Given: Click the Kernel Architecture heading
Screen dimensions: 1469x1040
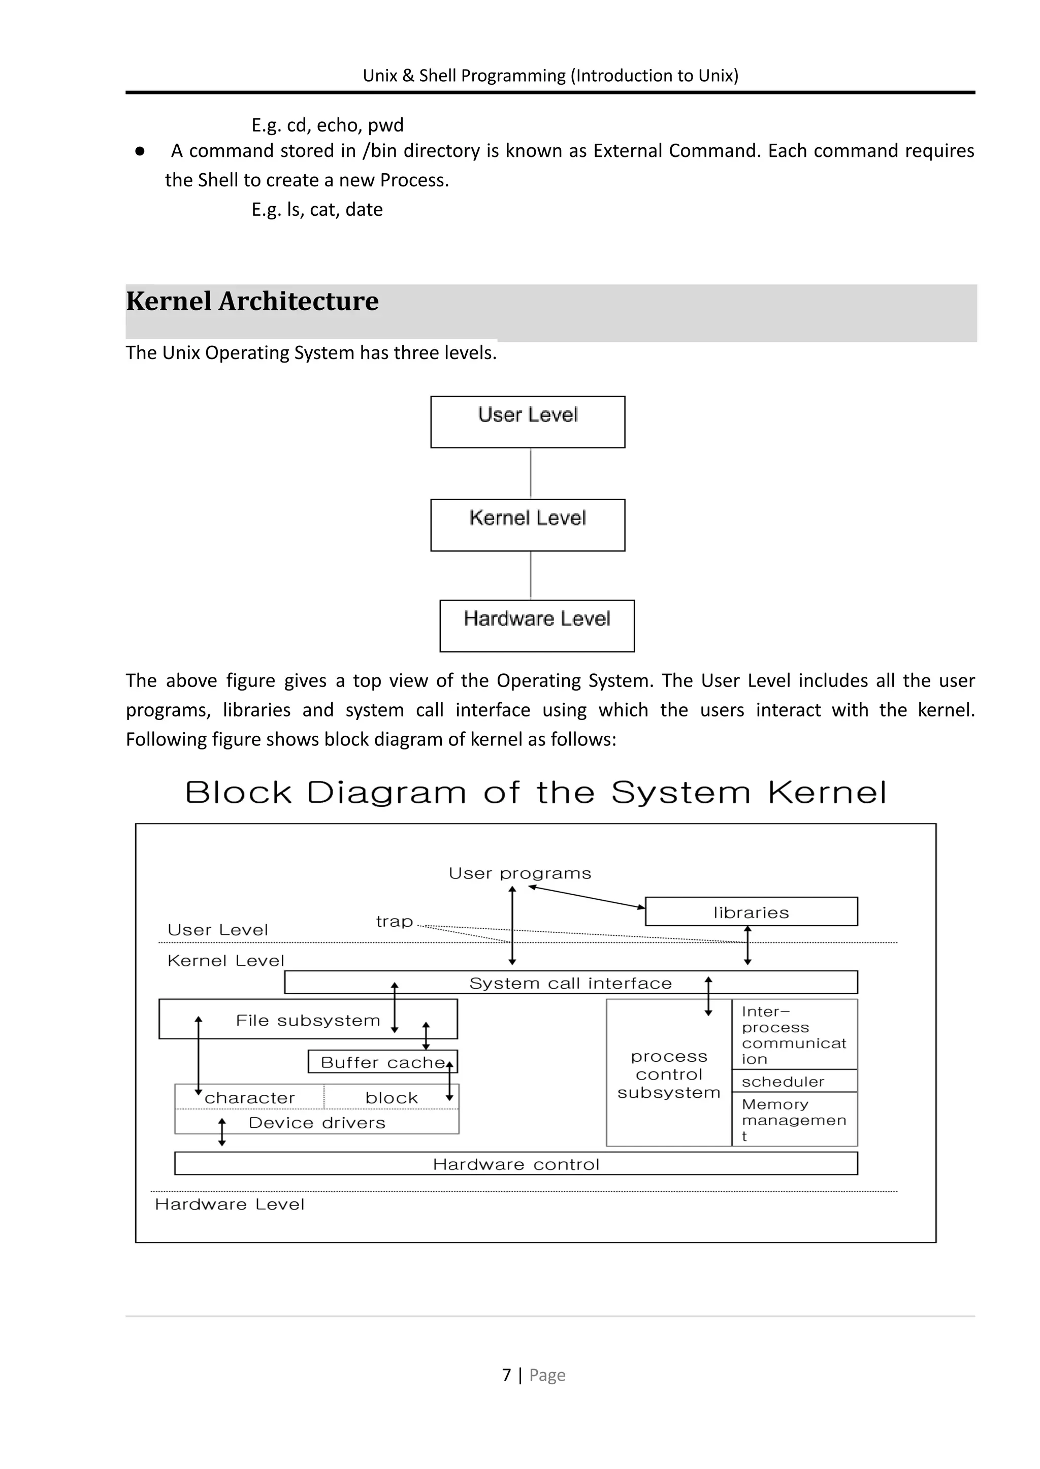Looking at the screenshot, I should [252, 302].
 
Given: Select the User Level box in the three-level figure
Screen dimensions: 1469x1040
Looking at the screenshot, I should [528, 422].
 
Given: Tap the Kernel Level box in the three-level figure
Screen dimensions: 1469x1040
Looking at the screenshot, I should [528, 525].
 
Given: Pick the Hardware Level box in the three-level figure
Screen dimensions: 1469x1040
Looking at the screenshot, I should [537, 626].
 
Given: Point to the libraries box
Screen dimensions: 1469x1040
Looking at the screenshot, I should [751, 912].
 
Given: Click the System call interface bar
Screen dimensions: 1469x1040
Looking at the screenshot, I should [571, 983].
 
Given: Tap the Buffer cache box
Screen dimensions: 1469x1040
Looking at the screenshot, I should [382, 1062].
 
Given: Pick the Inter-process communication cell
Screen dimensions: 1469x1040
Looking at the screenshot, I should [794, 1035].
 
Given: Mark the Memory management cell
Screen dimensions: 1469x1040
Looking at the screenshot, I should [794, 1119].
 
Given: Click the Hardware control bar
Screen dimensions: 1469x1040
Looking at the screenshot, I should [516, 1164].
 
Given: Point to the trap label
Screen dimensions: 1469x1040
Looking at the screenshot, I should [395, 922].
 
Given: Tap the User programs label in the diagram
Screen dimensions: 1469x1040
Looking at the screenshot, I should [519, 873].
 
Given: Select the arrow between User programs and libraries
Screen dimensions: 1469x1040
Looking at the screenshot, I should [587, 897].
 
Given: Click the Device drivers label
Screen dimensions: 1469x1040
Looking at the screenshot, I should [317, 1123].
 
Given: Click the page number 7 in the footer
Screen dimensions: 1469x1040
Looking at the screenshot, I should [507, 1376].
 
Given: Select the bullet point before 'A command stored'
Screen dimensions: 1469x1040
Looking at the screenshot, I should [140, 151].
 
